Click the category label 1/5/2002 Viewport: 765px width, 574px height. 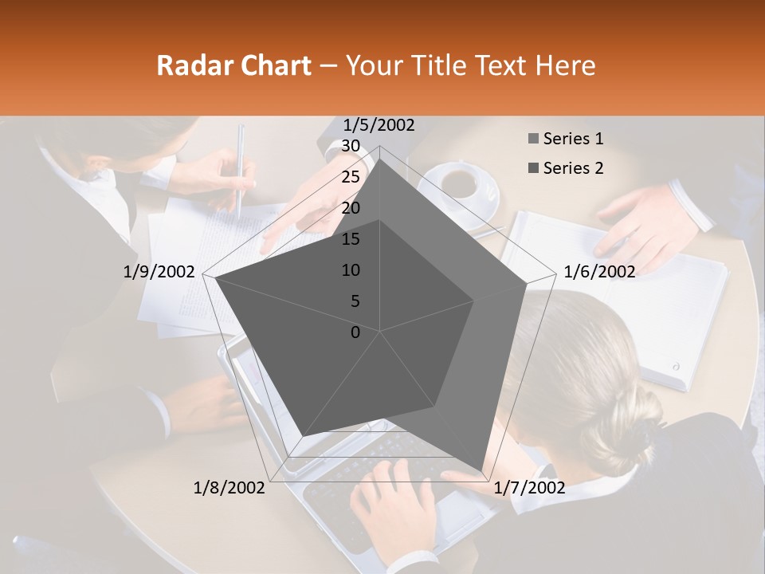point(379,125)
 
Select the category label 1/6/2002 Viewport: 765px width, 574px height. point(599,272)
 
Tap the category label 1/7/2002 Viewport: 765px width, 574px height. point(529,488)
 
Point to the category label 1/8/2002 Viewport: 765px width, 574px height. point(229,488)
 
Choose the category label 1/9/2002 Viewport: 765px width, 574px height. point(159,272)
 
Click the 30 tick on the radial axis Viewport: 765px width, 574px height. point(351,146)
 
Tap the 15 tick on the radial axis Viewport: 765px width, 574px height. point(351,239)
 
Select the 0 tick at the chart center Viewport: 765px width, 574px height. point(355,332)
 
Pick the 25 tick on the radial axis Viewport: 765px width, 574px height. point(351,177)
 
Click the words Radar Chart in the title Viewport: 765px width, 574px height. point(233,65)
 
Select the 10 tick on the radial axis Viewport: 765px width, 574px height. point(351,270)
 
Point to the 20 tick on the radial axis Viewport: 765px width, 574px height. point(351,208)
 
